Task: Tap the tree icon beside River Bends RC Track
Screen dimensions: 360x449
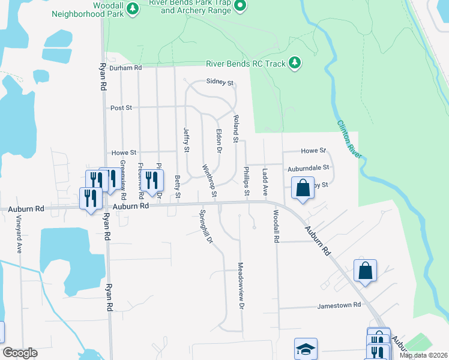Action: (x=294, y=62)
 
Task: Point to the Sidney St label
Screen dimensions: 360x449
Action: (x=218, y=82)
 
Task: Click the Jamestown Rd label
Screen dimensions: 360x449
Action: (x=339, y=305)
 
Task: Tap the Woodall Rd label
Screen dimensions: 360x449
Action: (x=276, y=227)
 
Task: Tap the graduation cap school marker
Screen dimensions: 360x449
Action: (x=306, y=349)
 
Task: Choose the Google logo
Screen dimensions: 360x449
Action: (x=20, y=353)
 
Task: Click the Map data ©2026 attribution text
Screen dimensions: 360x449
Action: (x=423, y=355)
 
